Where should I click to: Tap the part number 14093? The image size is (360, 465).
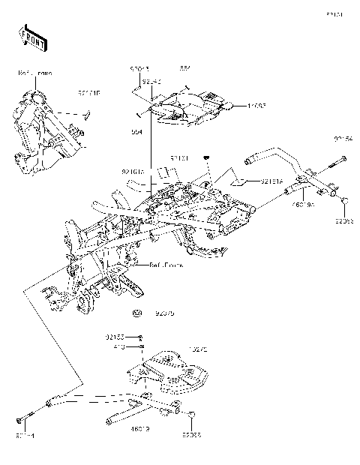coord(257,106)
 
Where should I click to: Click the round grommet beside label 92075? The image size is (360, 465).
coord(137,312)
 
